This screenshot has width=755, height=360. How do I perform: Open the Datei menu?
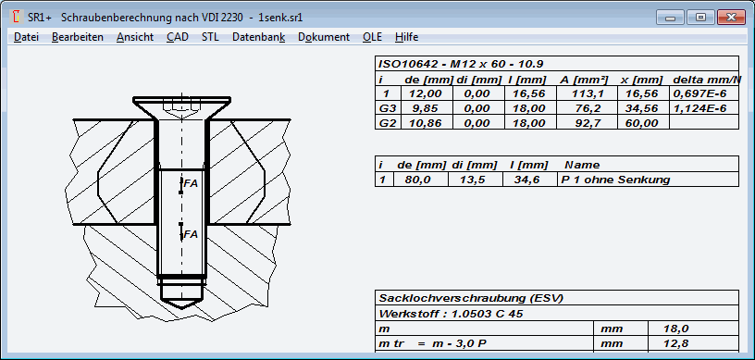pyautogui.click(x=26, y=37)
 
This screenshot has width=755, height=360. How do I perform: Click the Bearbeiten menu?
pyautogui.click(x=78, y=37)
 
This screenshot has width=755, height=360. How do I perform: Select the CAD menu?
pyautogui.click(x=178, y=37)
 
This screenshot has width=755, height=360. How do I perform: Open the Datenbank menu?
pyautogui.click(x=258, y=37)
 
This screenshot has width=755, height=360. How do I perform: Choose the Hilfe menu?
pyautogui.click(x=406, y=37)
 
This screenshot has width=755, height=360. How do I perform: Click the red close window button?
pyautogui.click(x=731, y=18)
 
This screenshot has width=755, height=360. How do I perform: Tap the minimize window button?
pyautogui.click(x=670, y=18)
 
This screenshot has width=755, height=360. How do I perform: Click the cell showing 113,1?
pyautogui.click(x=587, y=93)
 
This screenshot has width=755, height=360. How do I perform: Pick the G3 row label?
pyautogui.click(x=387, y=108)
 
